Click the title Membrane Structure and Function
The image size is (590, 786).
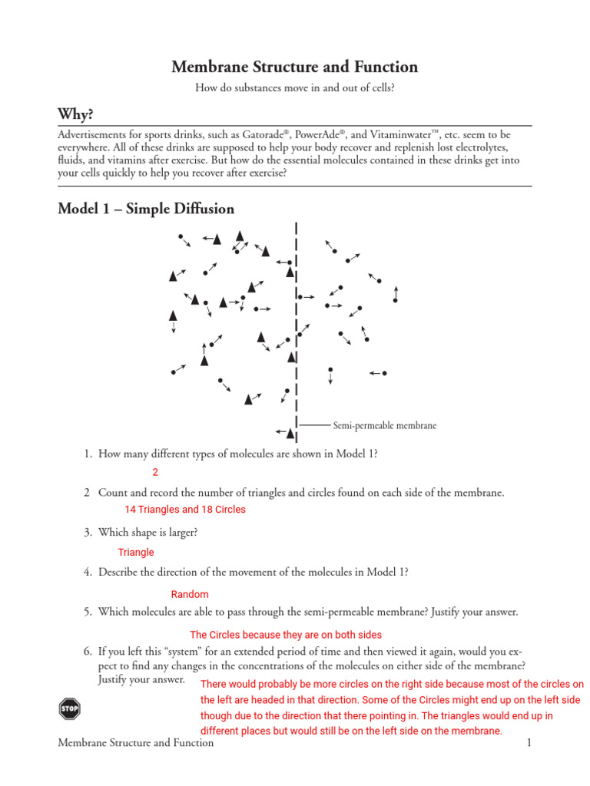pyautogui.click(x=295, y=67)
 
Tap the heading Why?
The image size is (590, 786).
pyautogui.click(x=75, y=114)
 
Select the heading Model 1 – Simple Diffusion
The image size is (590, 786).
pyautogui.click(x=146, y=209)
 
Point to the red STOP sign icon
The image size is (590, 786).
pyautogui.click(x=69, y=708)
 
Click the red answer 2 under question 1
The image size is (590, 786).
pyautogui.click(x=155, y=473)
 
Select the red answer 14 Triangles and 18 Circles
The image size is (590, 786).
pyautogui.click(x=184, y=510)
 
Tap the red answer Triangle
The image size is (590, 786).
pyautogui.click(x=136, y=552)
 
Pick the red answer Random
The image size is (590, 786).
pyautogui.click(x=189, y=594)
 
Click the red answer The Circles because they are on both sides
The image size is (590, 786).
pyautogui.click(x=285, y=635)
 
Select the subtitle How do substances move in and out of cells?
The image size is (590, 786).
pyautogui.click(x=295, y=88)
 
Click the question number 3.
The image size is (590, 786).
pyautogui.click(x=88, y=531)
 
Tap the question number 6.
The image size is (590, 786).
pyautogui.click(x=88, y=650)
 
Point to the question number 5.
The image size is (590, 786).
pyautogui.click(x=88, y=612)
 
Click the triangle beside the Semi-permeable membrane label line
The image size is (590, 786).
pyautogui.click(x=290, y=434)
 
